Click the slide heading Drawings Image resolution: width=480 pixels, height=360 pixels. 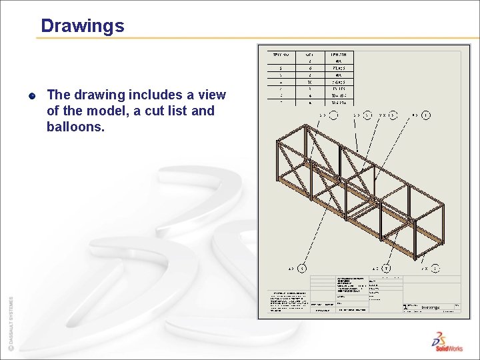tap(82, 26)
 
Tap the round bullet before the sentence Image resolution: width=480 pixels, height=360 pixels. tap(32, 95)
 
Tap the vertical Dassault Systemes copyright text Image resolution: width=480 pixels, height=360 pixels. tap(10, 323)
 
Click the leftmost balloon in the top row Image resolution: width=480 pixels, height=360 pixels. tap(333, 115)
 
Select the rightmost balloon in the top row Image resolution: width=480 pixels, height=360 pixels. tap(426, 115)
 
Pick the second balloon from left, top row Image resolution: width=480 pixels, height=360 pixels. tap(367, 115)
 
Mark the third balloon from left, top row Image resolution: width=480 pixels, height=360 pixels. tap(393, 115)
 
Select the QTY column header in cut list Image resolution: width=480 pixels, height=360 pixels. tap(309, 54)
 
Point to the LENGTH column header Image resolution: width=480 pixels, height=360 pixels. tap(339, 54)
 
